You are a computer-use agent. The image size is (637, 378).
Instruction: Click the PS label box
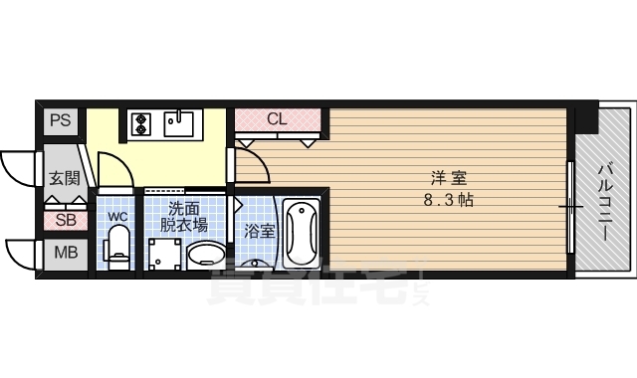60,120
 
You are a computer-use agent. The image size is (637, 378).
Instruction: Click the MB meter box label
64,253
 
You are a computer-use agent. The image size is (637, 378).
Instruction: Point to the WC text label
117,216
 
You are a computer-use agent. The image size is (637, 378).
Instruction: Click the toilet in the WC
117,246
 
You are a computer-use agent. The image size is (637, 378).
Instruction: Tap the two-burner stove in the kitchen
140,123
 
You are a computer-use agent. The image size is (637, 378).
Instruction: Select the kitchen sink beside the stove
180,123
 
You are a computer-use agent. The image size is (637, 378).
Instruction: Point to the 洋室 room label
449,179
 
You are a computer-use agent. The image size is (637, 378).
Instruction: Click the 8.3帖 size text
449,199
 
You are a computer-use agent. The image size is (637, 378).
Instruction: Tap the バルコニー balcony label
604,203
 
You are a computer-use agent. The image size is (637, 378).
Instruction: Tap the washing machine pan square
162,253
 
